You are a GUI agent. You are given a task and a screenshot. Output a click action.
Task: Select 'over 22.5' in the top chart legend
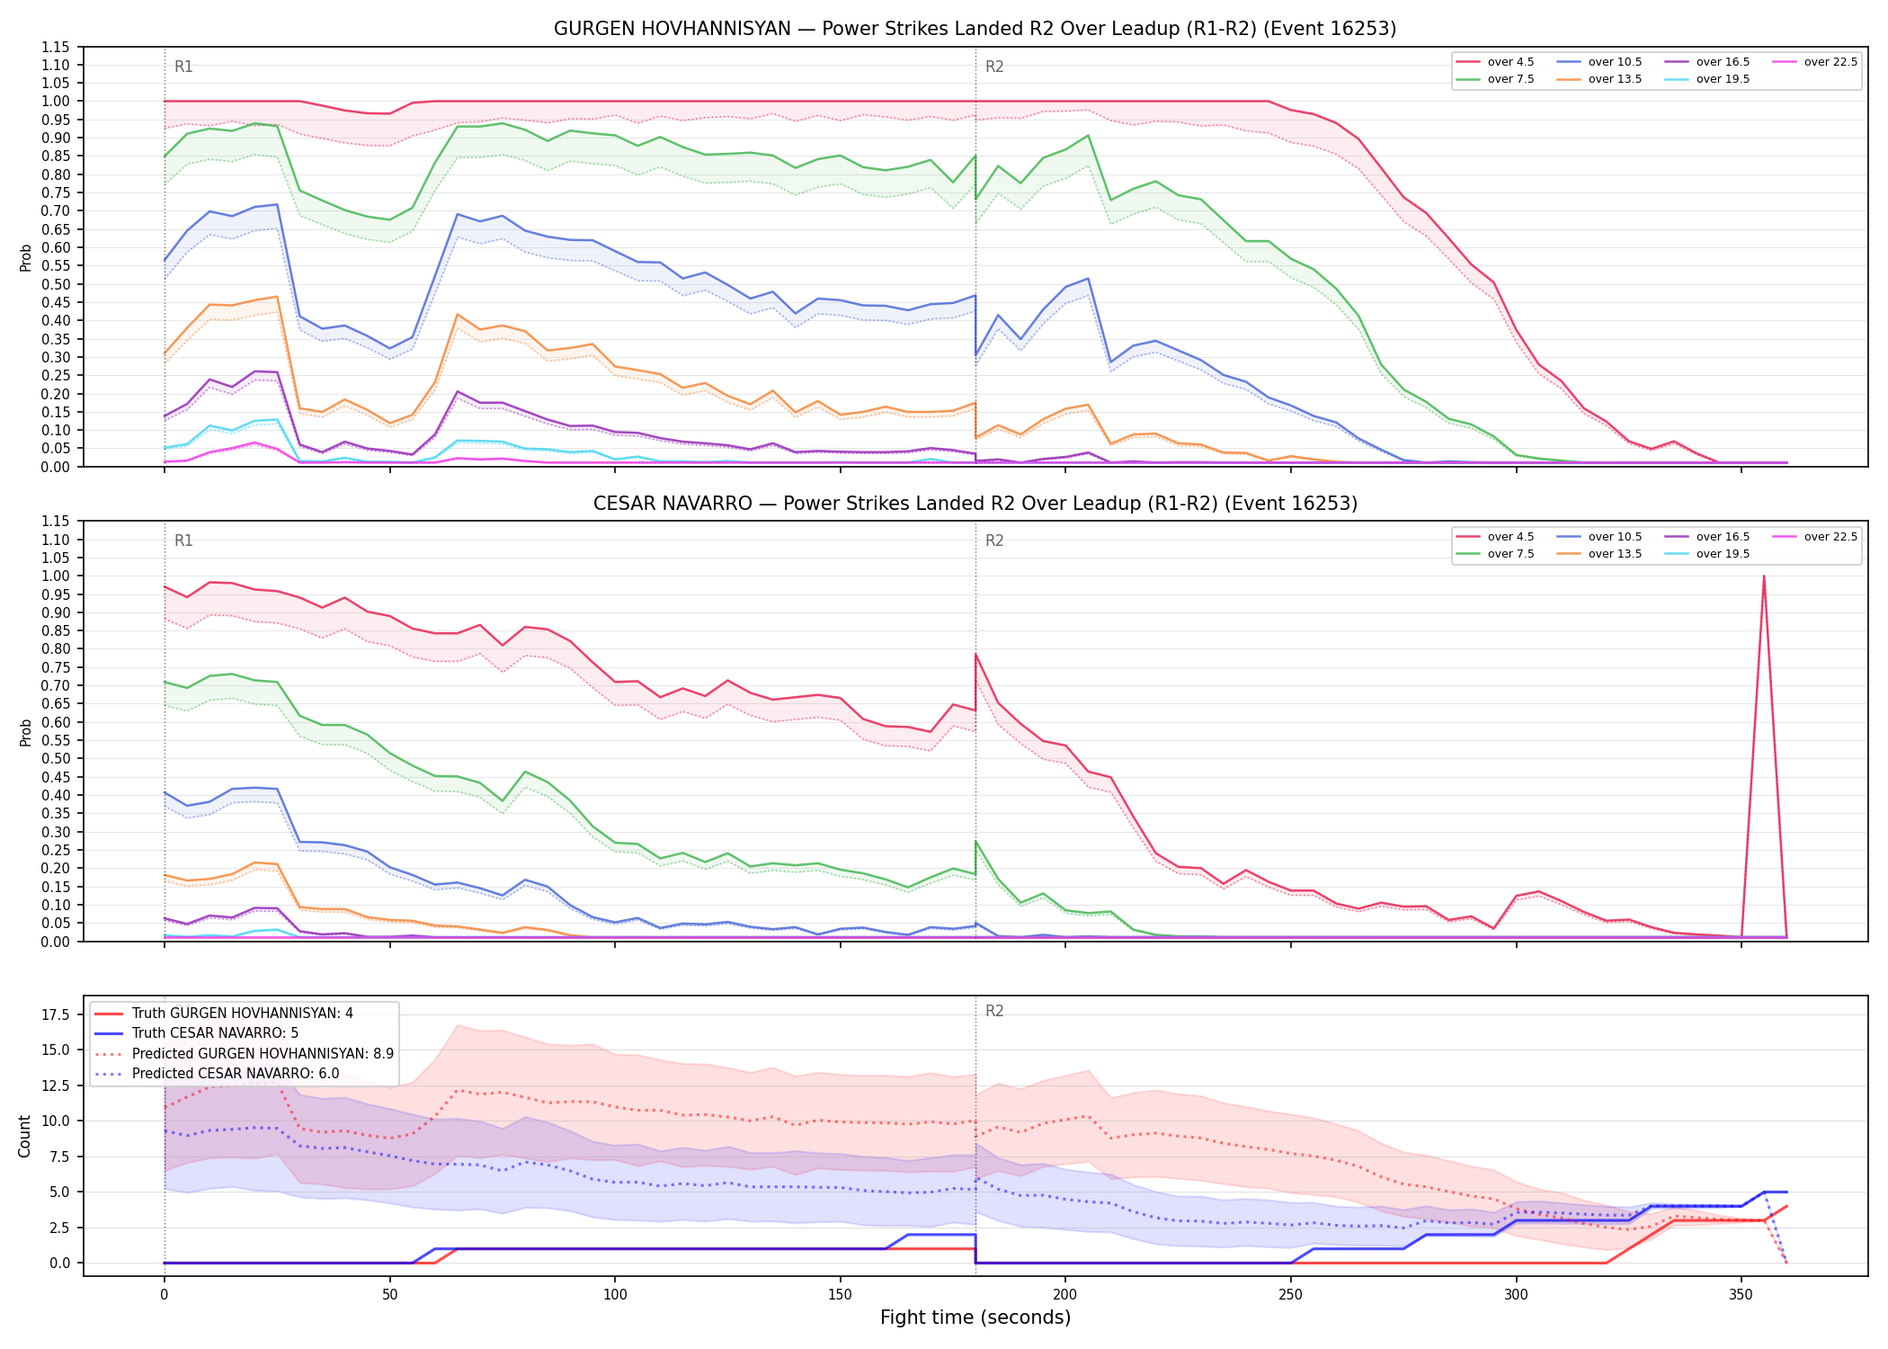1815,62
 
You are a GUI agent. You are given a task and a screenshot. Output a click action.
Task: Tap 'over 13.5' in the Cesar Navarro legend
1599,554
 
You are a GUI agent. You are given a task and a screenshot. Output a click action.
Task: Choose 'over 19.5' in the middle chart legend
1707,554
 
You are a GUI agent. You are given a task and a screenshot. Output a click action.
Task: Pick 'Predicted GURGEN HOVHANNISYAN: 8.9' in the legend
244,1053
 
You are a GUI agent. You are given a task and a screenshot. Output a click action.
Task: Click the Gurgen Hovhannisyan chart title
975,29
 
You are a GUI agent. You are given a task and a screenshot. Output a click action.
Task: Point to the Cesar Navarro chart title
975,504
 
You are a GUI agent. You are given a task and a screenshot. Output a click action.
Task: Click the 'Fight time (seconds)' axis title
975,1318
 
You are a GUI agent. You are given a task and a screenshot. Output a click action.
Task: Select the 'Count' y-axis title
24,1136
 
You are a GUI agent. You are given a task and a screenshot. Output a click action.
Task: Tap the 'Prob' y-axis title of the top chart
26,257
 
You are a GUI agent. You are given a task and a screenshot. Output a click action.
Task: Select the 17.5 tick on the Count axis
58,1015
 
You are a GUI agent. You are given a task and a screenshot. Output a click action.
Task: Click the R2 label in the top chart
994,67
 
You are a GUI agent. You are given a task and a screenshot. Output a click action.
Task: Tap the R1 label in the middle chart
183,540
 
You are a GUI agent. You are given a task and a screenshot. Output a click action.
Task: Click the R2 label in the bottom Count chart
994,1011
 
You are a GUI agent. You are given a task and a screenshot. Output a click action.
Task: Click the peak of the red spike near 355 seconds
1764,576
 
